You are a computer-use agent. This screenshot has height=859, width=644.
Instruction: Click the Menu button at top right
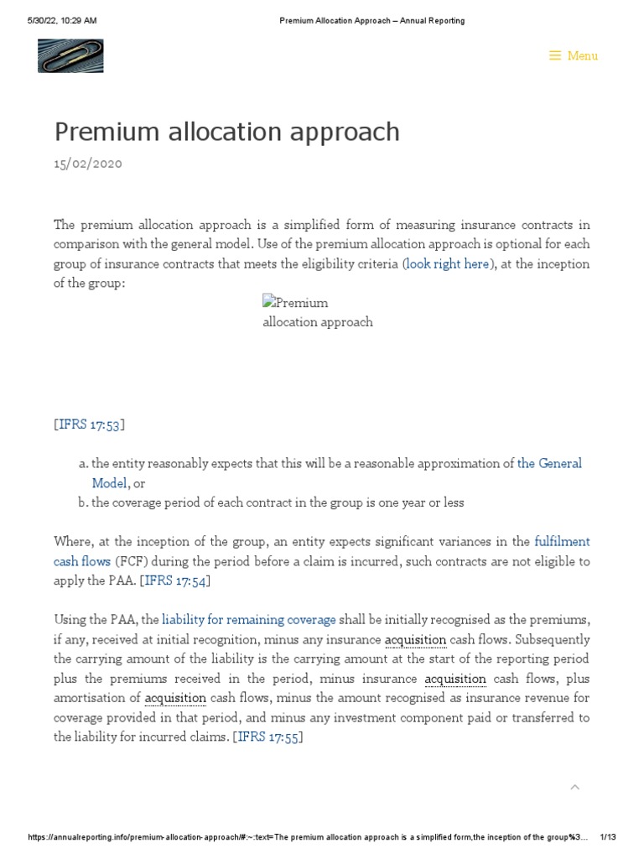point(574,56)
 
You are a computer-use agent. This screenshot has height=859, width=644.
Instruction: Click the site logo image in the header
point(70,55)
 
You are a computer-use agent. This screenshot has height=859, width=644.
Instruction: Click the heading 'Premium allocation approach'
point(226,132)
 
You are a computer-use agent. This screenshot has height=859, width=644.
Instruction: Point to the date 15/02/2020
point(88,164)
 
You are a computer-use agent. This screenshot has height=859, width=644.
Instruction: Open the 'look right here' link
point(447,263)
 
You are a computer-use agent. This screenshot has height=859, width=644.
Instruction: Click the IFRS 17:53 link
point(89,424)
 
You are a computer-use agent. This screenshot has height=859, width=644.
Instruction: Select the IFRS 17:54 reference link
point(176,580)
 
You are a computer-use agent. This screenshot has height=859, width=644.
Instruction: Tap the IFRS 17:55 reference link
point(267,737)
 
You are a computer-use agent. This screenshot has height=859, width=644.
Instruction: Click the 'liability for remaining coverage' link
point(249,620)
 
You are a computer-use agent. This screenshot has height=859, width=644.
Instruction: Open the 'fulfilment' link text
point(562,542)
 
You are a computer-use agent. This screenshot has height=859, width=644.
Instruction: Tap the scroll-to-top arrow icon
point(574,787)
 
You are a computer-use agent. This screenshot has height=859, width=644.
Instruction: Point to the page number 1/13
point(608,837)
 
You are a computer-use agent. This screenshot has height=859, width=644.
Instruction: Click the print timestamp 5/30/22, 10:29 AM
point(62,20)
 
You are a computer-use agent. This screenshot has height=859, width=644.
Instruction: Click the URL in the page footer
point(307,837)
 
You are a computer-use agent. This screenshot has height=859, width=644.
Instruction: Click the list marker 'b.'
point(83,502)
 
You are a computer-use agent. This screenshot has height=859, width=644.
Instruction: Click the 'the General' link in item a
point(549,464)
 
